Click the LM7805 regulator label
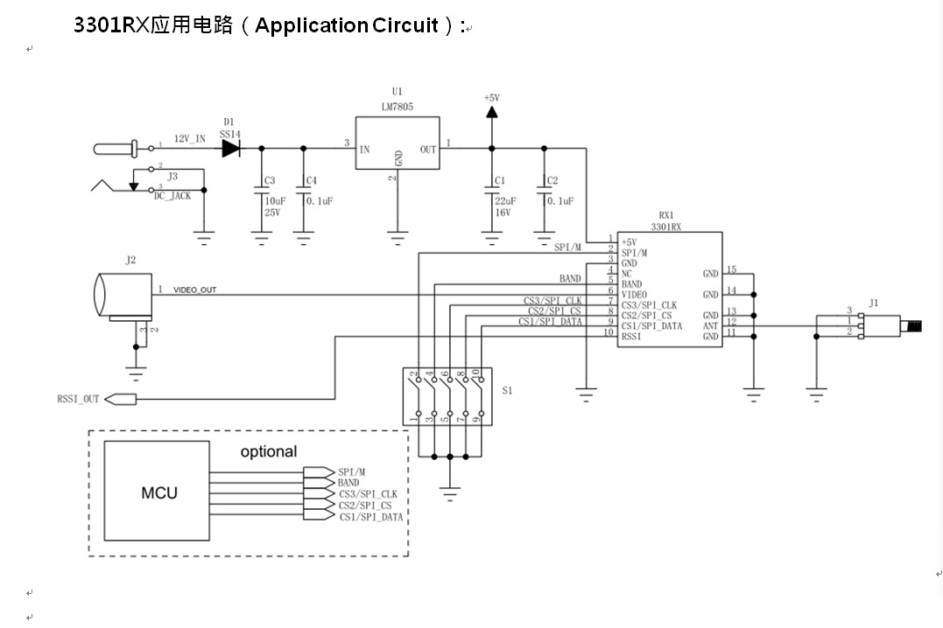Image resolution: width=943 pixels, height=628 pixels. pos(398,107)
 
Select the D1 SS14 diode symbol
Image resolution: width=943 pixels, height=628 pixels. pos(230,148)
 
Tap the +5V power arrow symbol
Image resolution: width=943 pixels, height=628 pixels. pos(490,112)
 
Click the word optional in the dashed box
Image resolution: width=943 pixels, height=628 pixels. pos(269,452)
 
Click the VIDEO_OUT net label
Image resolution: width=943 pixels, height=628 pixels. pos(194,290)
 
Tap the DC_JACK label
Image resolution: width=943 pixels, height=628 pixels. pos(172,196)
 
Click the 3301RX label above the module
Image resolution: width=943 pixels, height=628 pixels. pos(666,227)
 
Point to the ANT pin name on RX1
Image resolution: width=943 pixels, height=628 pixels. pos(710,326)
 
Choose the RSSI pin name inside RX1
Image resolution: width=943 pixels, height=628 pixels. pos(631,337)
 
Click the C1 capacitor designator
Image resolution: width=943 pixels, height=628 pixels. pos(500,181)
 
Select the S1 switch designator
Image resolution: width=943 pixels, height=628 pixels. pos(507,391)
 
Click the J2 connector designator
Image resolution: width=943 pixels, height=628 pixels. pos(130,260)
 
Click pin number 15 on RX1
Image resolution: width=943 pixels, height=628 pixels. pos(732,270)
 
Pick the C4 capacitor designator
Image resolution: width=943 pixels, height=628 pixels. pos(310,181)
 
